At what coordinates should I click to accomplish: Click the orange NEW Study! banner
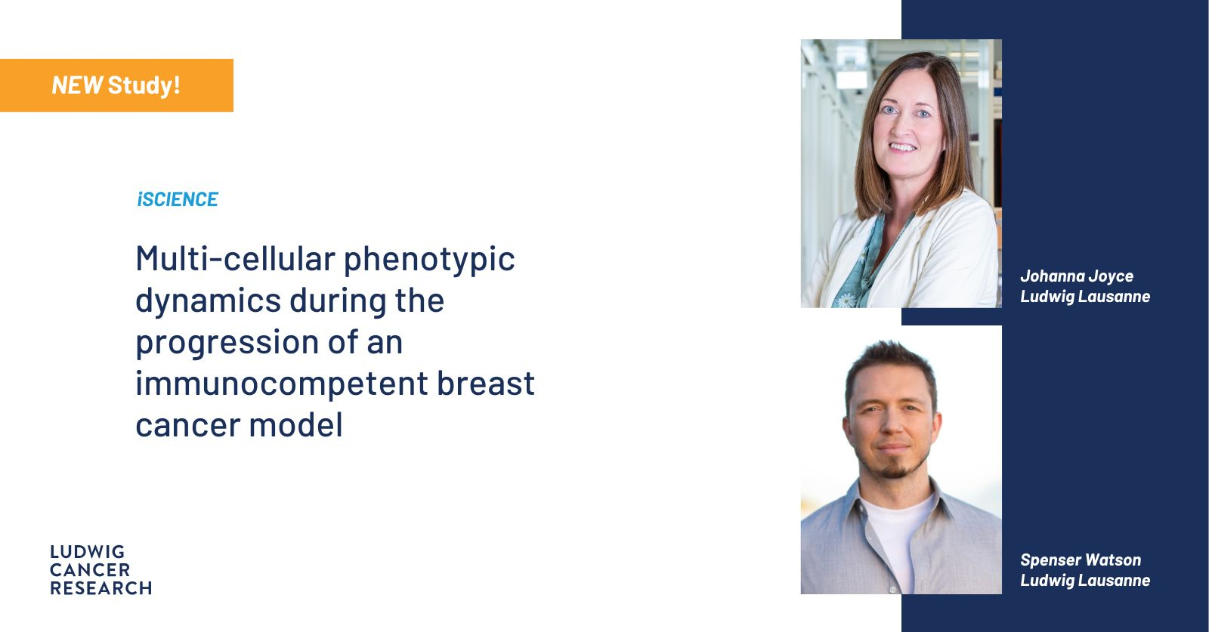tap(116, 85)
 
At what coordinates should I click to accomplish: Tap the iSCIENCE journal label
tap(178, 199)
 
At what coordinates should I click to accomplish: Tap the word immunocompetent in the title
tap(282, 384)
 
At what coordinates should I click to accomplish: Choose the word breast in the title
tap(486, 383)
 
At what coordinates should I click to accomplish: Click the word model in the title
tap(295, 425)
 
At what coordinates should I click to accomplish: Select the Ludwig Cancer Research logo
tap(101, 570)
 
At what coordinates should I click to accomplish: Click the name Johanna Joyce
tap(1077, 276)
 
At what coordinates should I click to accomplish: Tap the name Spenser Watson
tap(1081, 560)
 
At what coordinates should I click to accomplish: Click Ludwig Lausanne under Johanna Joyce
tap(1085, 297)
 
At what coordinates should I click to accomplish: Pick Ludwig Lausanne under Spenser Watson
tap(1085, 581)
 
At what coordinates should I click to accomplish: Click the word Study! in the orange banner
tap(144, 86)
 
